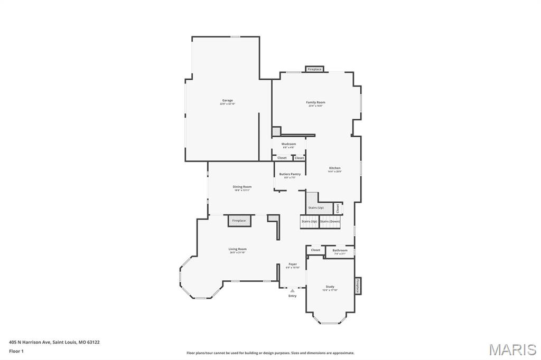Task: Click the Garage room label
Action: coord(227,100)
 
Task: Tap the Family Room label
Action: coord(315,102)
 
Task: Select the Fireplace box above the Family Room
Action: coord(315,69)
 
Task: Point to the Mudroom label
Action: coord(288,144)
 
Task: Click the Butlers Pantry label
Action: coord(290,174)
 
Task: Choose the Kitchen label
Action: coord(335,168)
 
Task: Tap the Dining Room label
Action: coord(242,187)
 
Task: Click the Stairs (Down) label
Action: coord(330,221)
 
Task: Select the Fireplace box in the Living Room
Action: coord(239,221)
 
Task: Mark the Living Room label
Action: coord(237,249)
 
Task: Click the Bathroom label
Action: coord(340,250)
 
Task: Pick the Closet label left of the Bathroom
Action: coord(315,250)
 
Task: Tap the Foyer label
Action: coord(292,264)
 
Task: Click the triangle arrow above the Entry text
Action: coord(292,290)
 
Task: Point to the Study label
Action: coord(330,287)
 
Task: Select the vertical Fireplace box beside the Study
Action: coord(358,287)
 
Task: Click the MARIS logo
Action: coord(512,349)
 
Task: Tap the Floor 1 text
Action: coord(16,350)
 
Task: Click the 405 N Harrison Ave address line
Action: coord(54,342)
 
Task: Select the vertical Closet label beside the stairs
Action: coord(338,209)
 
